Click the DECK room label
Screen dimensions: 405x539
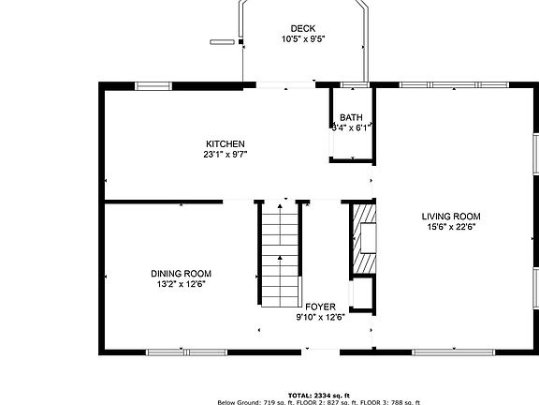pos(302,28)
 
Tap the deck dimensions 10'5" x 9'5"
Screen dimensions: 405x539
pos(302,39)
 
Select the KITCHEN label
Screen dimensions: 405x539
pos(226,142)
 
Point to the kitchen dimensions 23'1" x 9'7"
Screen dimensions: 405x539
pos(226,154)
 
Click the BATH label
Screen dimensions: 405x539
pos(352,117)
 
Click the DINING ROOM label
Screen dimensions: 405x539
pos(181,273)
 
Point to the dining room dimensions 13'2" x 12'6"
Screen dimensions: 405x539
pos(181,284)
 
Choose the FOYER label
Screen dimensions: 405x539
pos(320,307)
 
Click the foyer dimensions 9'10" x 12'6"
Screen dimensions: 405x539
pos(320,318)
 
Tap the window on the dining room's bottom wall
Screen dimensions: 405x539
pos(174,352)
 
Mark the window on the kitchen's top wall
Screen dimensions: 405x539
pos(153,86)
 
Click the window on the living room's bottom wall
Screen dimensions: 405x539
pos(441,352)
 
